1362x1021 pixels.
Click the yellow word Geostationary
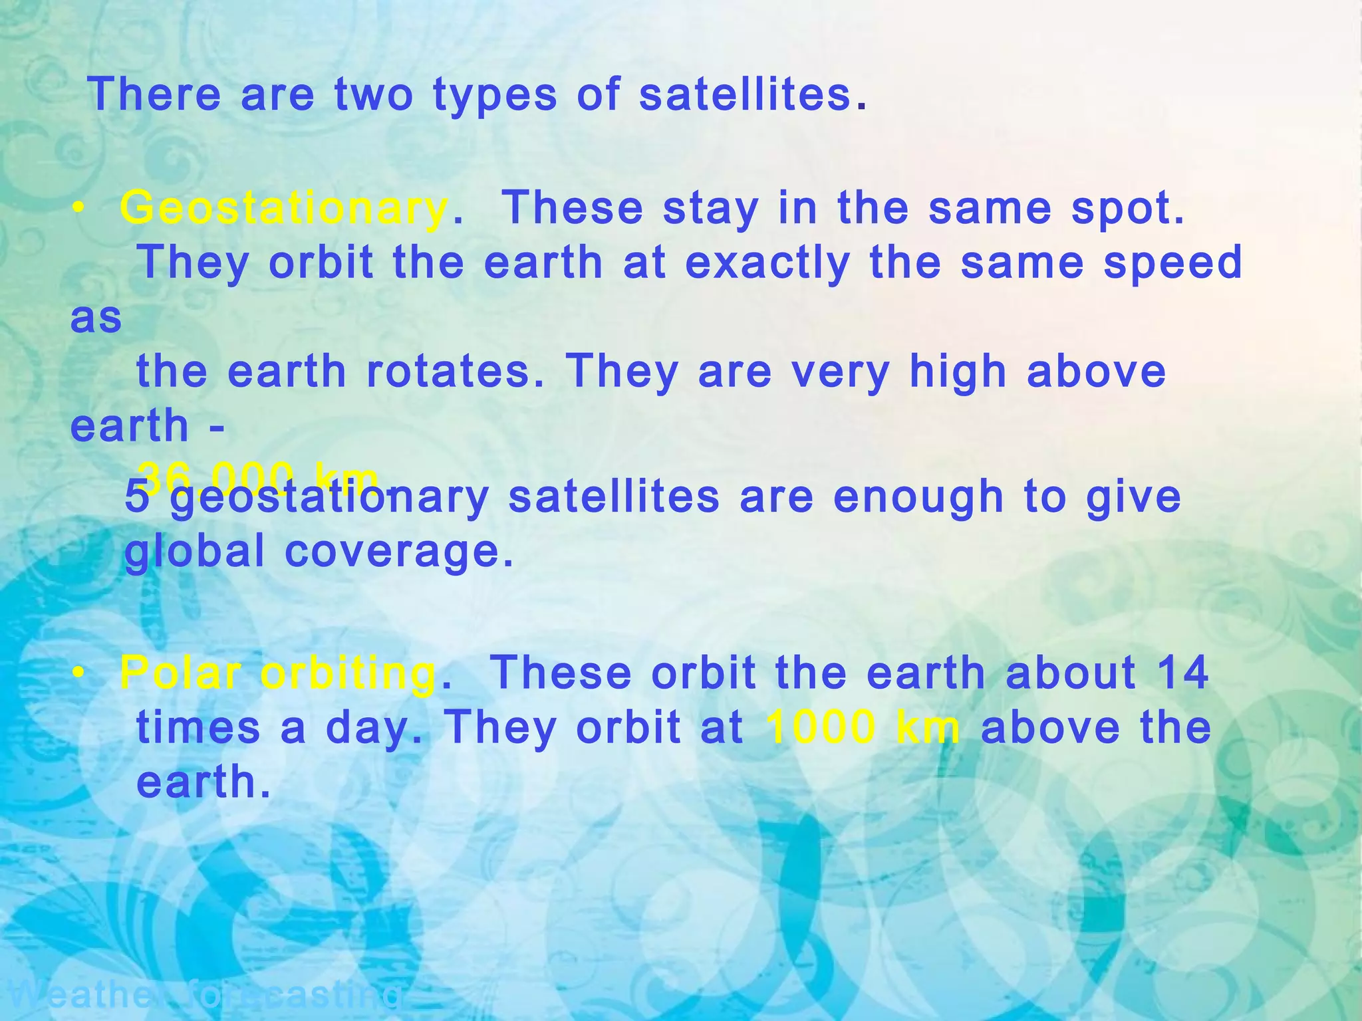tap(284, 209)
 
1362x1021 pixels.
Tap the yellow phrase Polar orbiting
tap(279, 673)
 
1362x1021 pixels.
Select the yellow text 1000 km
tap(863, 727)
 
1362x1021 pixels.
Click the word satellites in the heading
tap(745, 94)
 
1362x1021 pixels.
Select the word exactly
tap(767, 263)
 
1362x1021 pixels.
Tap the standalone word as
tap(96, 318)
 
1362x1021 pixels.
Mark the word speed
tap(1173, 263)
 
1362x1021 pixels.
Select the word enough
tap(918, 497)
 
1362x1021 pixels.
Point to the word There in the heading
tap(154, 94)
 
